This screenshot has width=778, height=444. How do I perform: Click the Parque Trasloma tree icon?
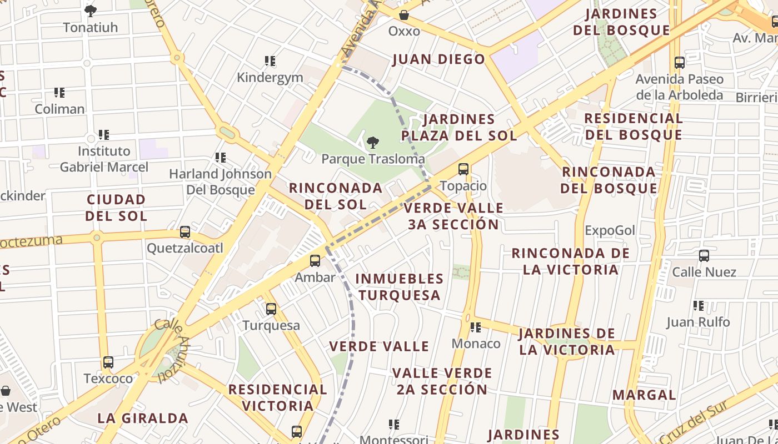point(373,143)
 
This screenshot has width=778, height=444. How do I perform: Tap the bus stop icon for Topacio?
point(463,169)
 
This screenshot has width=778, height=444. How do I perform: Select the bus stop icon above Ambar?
point(315,261)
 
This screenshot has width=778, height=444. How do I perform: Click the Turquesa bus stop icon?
point(271,309)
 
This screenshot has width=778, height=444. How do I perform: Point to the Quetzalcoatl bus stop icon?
point(185,232)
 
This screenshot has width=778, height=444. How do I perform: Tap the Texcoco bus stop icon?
point(108,362)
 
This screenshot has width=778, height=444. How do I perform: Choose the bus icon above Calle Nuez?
point(704,256)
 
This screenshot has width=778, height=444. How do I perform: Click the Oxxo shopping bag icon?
point(404,15)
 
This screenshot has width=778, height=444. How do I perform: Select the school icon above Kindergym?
point(270,61)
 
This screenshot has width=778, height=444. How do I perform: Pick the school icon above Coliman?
point(59,93)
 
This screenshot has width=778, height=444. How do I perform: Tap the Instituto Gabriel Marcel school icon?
point(104,135)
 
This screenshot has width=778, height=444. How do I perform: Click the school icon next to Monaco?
point(476,327)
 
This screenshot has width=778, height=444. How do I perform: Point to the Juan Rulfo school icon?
point(699,306)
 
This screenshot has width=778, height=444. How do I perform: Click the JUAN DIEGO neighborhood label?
point(438,59)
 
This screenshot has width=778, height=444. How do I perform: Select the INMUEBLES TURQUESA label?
point(400,286)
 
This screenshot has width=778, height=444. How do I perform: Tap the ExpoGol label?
point(610,230)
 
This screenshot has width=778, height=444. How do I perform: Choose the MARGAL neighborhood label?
point(644,395)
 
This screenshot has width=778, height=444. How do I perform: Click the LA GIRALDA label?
point(143,418)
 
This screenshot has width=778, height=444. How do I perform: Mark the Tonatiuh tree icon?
point(91,11)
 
